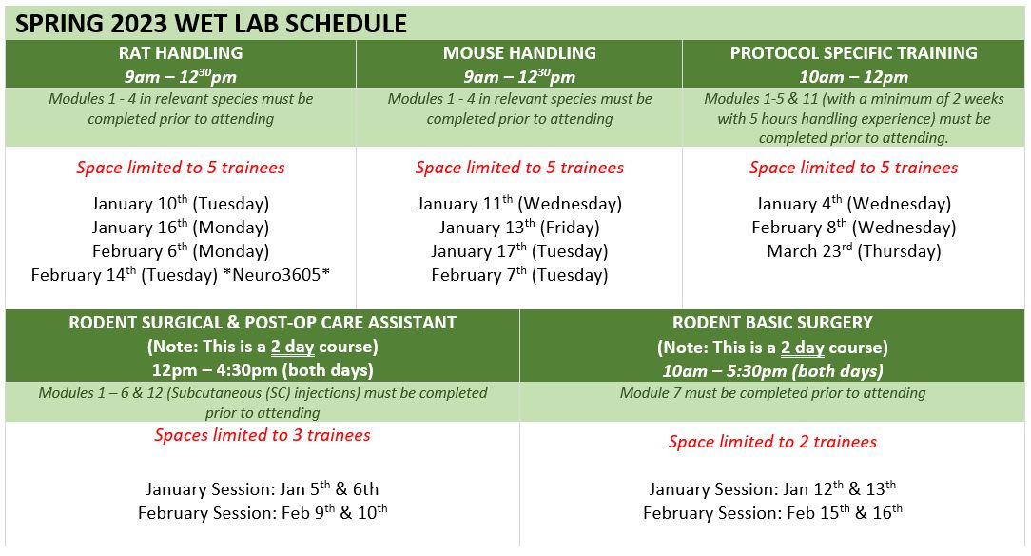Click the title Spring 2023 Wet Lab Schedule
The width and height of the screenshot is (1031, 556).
211,24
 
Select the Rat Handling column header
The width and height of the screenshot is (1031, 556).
181,52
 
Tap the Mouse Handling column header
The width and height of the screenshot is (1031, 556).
519,52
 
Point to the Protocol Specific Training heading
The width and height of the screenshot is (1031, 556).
853,52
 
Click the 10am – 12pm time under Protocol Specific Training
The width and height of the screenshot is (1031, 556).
853,77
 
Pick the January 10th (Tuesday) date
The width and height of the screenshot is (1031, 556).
181,204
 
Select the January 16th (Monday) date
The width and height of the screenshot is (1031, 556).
181,227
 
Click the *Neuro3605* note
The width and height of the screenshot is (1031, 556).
277,274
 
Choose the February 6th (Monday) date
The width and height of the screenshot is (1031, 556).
181,250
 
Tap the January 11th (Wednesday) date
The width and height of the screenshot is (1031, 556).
519,204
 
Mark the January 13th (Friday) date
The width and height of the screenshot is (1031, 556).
519,227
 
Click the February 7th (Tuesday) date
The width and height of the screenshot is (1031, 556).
519,274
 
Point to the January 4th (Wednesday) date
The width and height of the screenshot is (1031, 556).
853,204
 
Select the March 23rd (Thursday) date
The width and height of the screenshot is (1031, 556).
853,250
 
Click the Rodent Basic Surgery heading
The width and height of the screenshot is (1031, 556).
772,323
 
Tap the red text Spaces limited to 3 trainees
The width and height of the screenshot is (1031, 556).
263,435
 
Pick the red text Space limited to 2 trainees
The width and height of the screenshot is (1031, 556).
772,442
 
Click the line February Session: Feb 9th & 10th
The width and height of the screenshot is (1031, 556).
263,512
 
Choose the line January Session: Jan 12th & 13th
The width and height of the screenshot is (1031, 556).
772,489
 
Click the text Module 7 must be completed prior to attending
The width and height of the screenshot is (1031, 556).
772,393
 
